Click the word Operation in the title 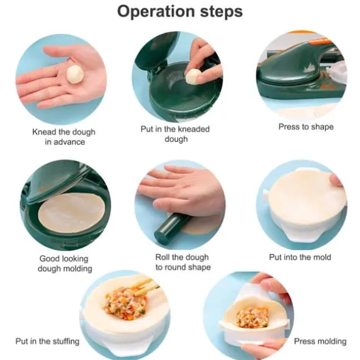point(156,11)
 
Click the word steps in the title point(222,12)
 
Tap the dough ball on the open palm point(74,74)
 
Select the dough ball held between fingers point(193,76)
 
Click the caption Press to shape point(306,127)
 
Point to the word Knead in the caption point(44,132)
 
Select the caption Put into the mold point(300,257)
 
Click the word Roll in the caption point(163,257)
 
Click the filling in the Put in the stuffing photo point(125,303)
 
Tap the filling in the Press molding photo point(253,318)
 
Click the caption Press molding point(320,341)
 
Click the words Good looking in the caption point(64,259)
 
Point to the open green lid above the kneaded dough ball point(153,50)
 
